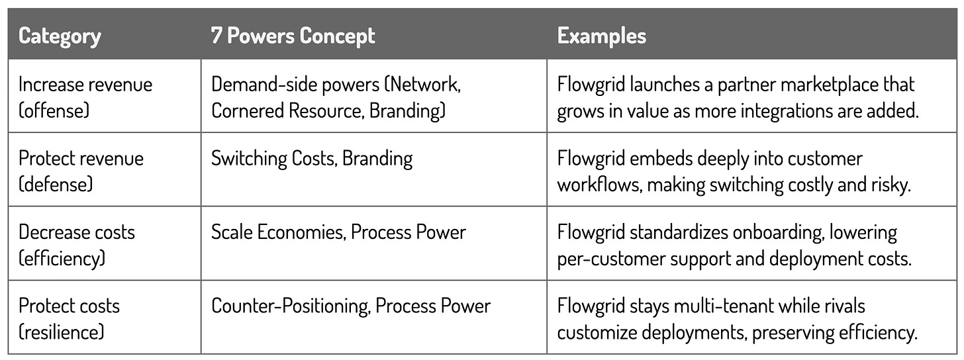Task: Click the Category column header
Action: tap(60, 36)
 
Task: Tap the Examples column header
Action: tap(601, 36)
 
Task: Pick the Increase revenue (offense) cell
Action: tap(85, 97)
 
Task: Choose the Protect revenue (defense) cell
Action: tap(81, 171)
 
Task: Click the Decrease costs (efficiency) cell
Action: tap(77, 245)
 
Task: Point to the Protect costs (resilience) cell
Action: tap(69, 318)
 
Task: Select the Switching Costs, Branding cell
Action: tap(312, 159)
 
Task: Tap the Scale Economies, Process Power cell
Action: tap(338, 232)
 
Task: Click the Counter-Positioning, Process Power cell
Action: tap(351, 306)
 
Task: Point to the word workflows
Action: tap(599, 185)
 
